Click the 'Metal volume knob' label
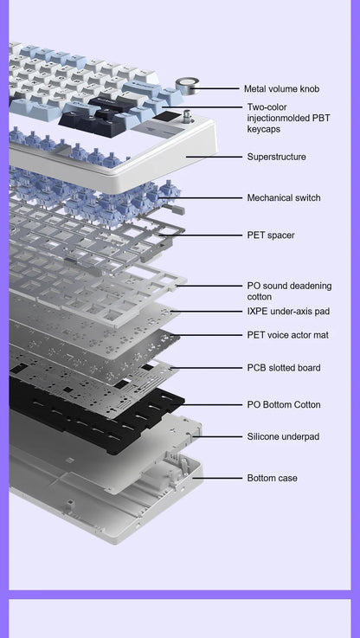(281, 88)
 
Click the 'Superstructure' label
(276, 157)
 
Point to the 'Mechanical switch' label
(283, 197)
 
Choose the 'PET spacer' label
(270, 235)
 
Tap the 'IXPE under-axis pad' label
(288, 311)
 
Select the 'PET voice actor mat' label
(287, 334)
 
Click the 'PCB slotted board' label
(283, 368)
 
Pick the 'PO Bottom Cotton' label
(283, 404)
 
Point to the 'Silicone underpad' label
(282, 436)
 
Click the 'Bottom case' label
(271, 478)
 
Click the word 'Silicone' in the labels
(264, 436)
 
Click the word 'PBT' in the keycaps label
(319, 118)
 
